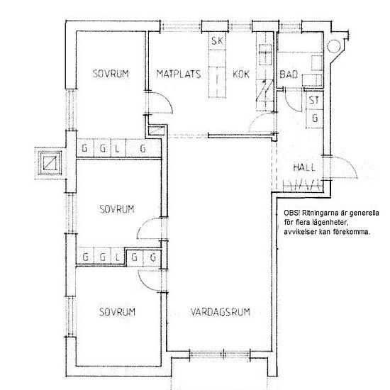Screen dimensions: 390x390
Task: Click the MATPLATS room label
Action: (179, 74)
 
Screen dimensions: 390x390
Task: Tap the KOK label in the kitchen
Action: (241, 74)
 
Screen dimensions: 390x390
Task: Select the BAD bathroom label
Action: (289, 74)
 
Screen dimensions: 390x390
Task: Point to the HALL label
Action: (304, 167)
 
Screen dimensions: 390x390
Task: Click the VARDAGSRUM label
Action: (221, 312)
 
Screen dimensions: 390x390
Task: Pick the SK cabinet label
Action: (217, 41)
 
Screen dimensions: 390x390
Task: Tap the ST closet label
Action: (314, 100)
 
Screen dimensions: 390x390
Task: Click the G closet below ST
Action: (315, 118)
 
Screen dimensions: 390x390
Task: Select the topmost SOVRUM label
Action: (111, 74)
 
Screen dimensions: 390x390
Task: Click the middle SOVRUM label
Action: (117, 209)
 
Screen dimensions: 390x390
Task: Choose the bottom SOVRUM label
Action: (117, 312)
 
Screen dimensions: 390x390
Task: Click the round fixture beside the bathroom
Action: (333, 46)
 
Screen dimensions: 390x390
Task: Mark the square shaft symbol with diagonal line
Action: (50, 163)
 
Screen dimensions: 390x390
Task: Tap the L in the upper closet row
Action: (117, 148)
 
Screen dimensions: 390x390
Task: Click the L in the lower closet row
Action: (118, 257)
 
